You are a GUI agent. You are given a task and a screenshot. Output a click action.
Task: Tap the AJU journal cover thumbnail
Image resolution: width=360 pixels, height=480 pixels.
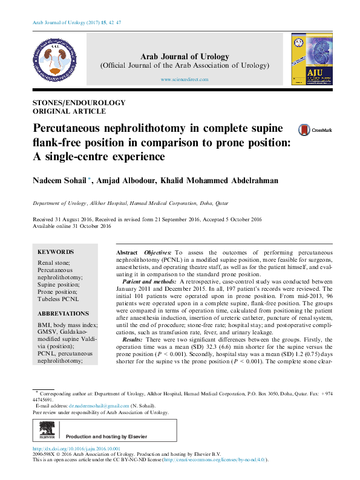(310, 59)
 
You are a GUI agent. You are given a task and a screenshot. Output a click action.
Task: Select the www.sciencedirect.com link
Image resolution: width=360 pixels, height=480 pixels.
(185, 80)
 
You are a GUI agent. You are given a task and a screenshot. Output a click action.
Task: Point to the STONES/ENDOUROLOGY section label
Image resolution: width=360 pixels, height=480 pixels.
(79, 103)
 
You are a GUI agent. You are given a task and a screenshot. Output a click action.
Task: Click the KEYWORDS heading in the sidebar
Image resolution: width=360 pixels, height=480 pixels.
(56, 251)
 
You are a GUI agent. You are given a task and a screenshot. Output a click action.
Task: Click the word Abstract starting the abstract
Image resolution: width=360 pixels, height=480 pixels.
(126, 251)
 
